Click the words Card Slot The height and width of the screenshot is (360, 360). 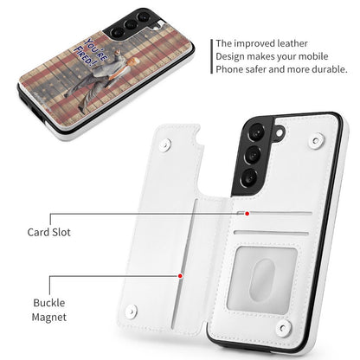pyautogui.click(x=48, y=232)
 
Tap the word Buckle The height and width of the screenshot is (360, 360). pyautogui.click(x=49, y=303)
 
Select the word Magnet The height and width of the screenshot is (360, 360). pyautogui.click(x=49, y=317)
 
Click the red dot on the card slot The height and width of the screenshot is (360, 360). pyautogui.click(x=247, y=214)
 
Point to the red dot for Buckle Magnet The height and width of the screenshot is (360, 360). pyautogui.click(x=180, y=276)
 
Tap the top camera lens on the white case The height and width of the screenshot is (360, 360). pyautogui.click(x=255, y=132)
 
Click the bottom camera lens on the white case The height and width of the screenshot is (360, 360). pyautogui.click(x=250, y=177)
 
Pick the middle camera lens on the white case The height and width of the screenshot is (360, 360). pyautogui.click(x=253, y=155)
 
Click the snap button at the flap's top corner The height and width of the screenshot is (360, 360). pyautogui.click(x=165, y=145)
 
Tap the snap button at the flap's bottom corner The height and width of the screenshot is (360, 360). pyautogui.click(x=132, y=311)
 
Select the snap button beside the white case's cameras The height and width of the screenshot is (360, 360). pyautogui.click(x=317, y=140)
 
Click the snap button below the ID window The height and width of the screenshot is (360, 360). pyautogui.click(x=283, y=328)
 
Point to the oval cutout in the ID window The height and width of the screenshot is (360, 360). pyautogui.click(x=261, y=278)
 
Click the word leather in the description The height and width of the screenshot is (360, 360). pyautogui.click(x=292, y=43)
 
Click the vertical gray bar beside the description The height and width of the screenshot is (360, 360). pyautogui.click(x=212, y=56)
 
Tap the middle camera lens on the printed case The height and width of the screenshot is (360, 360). pyautogui.click(x=131, y=24)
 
